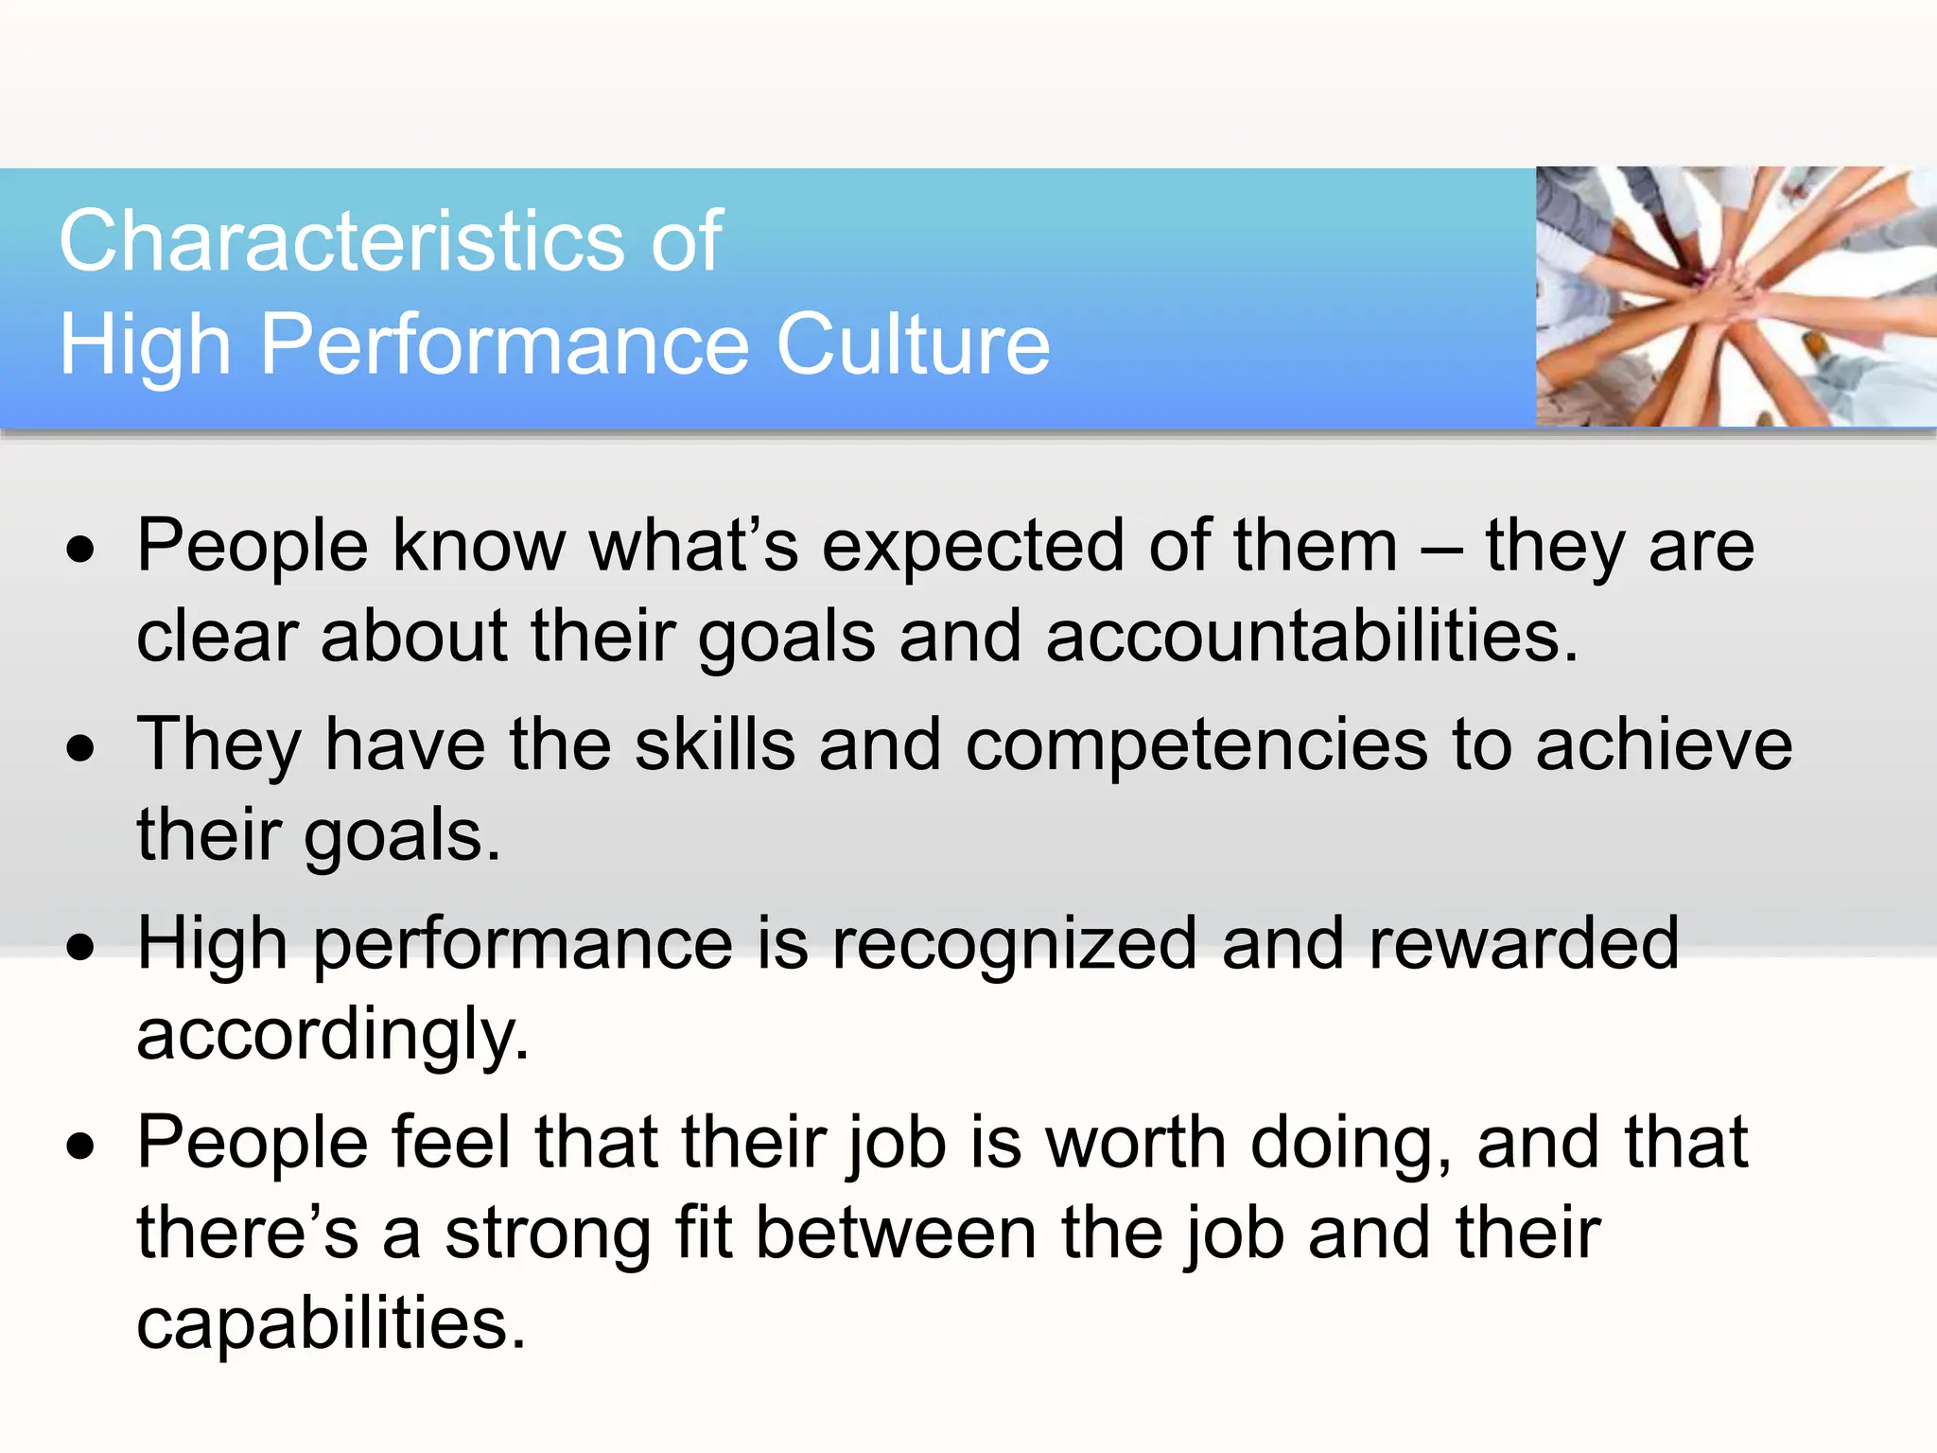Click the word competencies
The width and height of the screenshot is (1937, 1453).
(1196, 745)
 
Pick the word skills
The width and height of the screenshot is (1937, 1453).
(714, 745)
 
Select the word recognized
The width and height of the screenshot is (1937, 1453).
(1014, 944)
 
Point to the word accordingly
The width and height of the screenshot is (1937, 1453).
(332, 1035)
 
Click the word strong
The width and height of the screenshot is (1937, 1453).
(548, 1234)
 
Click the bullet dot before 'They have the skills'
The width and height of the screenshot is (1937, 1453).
(81, 749)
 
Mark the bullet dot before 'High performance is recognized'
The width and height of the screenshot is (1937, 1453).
(81, 948)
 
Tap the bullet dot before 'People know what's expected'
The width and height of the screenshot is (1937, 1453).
(81, 551)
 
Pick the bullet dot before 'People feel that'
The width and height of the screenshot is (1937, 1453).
(81, 1147)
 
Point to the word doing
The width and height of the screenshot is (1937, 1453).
(1352, 1143)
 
